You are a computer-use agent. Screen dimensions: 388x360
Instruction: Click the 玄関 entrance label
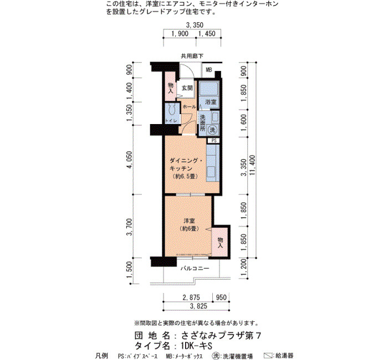[x=187, y=88]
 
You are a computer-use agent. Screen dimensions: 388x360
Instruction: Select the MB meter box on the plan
[x=209, y=70]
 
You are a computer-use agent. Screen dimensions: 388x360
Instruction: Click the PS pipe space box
[x=214, y=141]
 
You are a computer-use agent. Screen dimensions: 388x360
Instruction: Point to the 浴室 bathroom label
[x=211, y=101]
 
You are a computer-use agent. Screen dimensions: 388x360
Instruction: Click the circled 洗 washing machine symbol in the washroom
[x=212, y=130]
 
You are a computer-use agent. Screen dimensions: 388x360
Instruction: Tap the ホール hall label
[x=190, y=107]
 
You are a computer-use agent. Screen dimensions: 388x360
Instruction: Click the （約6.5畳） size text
[x=185, y=177]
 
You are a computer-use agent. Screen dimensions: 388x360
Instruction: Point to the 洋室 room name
[x=189, y=221]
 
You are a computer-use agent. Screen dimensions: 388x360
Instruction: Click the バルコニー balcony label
[x=195, y=268]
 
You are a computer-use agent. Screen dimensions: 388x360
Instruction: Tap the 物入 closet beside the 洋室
[x=219, y=243]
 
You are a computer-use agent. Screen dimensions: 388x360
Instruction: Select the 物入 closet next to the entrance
[x=171, y=88]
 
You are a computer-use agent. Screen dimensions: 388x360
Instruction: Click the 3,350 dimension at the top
[x=195, y=25]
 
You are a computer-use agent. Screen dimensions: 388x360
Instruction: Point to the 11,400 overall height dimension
[x=252, y=165]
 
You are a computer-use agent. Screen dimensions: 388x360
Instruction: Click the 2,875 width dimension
[x=191, y=297]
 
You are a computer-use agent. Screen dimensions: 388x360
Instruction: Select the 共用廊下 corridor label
[x=192, y=56]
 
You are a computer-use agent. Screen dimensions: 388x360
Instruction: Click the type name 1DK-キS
[x=196, y=346]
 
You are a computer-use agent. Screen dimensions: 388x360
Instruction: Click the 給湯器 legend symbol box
[x=268, y=356]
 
